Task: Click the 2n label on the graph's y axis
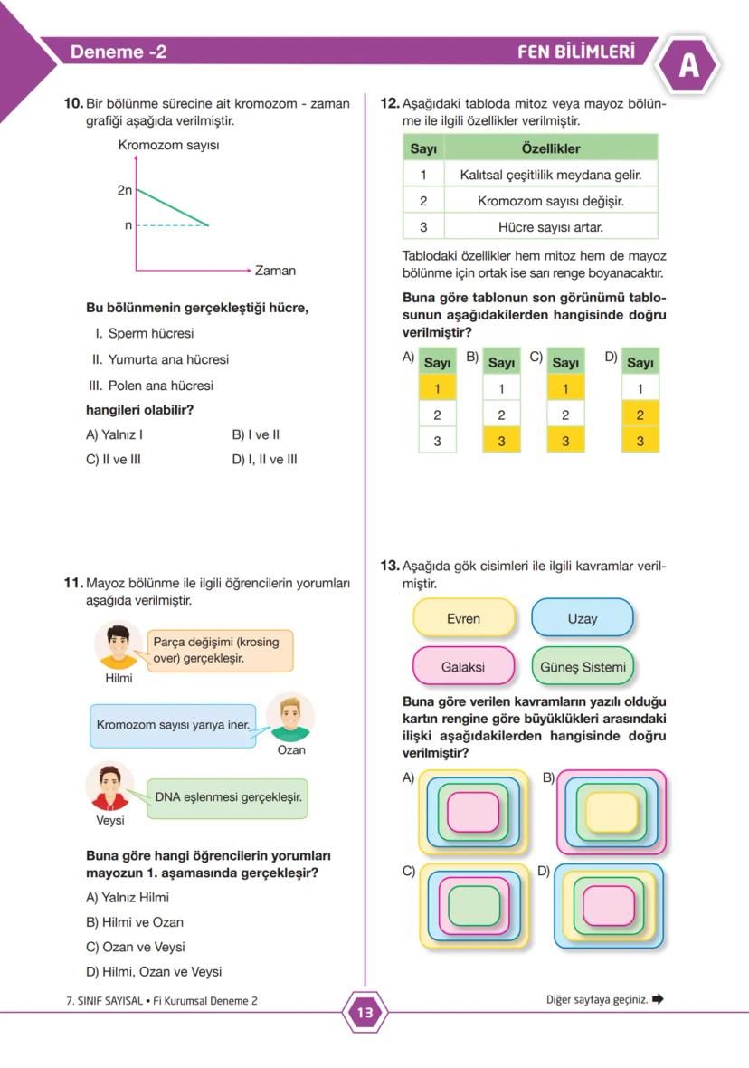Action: (x=125, y=191)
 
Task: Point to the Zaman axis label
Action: (x=275, y=271)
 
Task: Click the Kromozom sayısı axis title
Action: (x=168, y=145)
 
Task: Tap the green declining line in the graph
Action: (x=172, y=207)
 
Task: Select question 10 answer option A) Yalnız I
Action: (x=114, y=434)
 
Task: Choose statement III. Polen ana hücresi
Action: (x=153, y=386)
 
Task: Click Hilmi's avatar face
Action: (x=118, y=645)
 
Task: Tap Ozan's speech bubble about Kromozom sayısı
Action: (x=173, y=725)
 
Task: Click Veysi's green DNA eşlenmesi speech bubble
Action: (x=227, y=798)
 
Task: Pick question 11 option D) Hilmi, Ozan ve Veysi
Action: (x=153, y=971)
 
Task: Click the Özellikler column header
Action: (x=550, y=148)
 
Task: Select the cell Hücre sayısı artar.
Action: (x=550, y=226)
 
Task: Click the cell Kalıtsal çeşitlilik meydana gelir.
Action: (x=550, y=174)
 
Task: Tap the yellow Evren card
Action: (x=463, y=619)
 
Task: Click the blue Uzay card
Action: (x=582, y=619)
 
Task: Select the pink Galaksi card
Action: (x=463, y=667)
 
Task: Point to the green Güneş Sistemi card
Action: (x=582, y=667)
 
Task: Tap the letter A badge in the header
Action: (x=688, y=67)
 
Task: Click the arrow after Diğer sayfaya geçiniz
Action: (x=658, y=999)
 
